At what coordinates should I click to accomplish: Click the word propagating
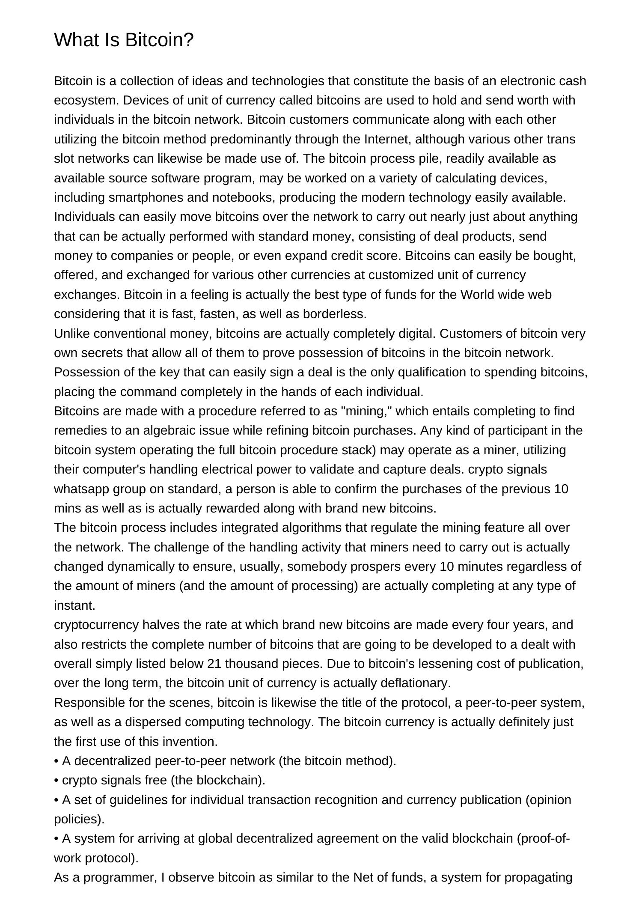[538, 878]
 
